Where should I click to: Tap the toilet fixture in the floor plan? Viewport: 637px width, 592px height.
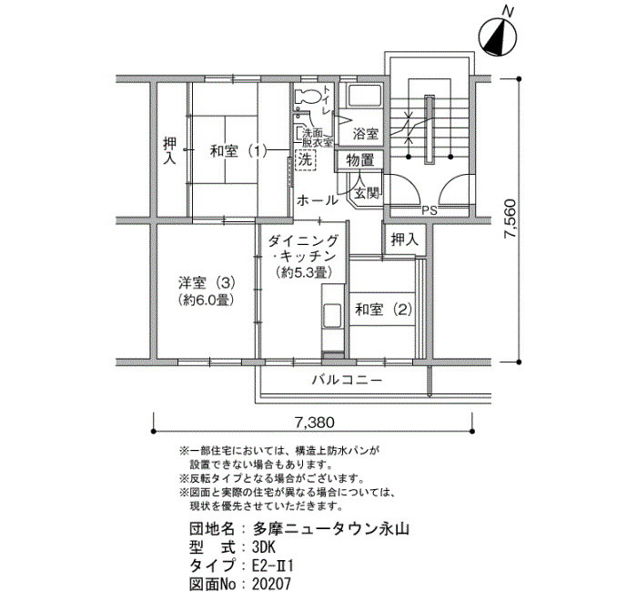click(308, 97)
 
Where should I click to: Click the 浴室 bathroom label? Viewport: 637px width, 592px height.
click(366, 134)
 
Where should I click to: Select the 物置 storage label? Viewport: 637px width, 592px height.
click(360, 160)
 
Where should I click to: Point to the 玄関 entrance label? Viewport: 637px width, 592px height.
click(367, 192)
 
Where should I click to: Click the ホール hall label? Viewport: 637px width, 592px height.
click(318, 200)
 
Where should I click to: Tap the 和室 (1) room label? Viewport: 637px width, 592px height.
click(238, 152)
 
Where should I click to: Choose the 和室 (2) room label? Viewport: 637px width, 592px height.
click(383, 310)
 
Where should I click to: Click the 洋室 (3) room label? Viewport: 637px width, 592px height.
click(207, 281)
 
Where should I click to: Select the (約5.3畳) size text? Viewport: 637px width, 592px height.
click(304, 271)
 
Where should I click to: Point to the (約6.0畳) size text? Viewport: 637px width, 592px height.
click(207, 300)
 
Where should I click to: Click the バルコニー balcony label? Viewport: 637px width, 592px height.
click(348, 380)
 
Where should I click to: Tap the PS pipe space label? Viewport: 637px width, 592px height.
click(429, 210)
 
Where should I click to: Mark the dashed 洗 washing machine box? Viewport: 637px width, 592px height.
click(305, 159)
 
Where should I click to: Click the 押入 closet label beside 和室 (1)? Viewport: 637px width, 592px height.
click(170, 151)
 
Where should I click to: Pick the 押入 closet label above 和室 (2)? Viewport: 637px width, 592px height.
click(405, 240)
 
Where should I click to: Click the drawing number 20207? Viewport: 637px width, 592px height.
click(272, 584)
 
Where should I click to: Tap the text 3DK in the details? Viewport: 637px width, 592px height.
click(264, 547)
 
